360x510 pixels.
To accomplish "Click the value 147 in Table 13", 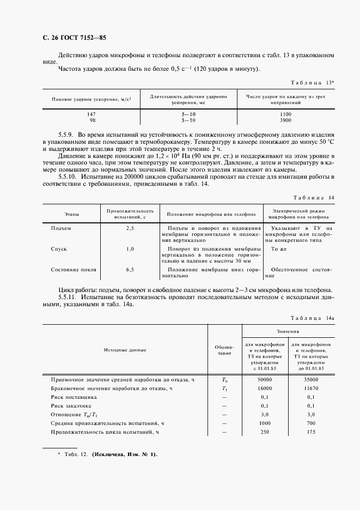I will (x=92, y=113).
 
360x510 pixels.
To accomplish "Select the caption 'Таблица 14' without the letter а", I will (x=313, y=197).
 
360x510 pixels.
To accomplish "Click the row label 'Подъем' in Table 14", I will (x=61, y=228).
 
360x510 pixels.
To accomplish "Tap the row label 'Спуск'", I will (x=59, y=248).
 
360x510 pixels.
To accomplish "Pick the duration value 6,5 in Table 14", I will (x=130, y=269).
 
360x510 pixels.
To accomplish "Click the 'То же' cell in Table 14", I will (x=279, y=248).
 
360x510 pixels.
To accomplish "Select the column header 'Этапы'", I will (x=71, y=214).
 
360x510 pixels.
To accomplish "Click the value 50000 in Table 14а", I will (x=265, y=379).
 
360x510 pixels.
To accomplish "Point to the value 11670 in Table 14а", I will (x=311, y=388).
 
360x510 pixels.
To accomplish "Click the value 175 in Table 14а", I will (x=311, y=432).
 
